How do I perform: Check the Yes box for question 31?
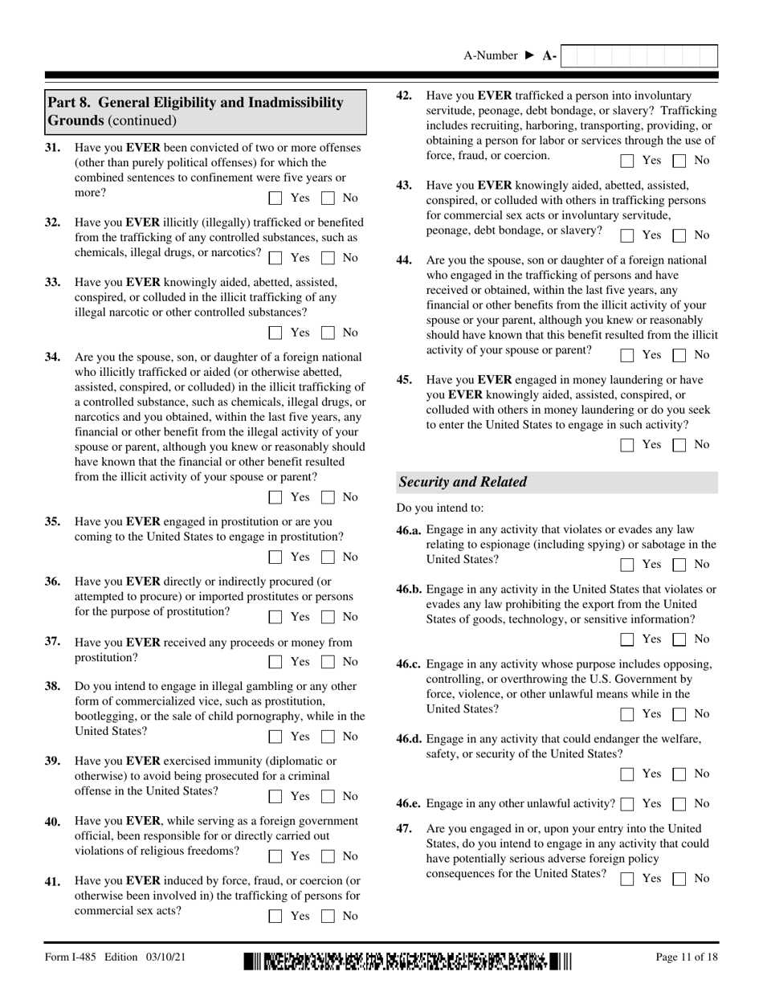click(x=275, y=198)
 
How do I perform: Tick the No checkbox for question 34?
click(x=328, y=497)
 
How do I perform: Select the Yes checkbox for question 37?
click(x=275, y=663)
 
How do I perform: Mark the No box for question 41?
click(x=328, y=916)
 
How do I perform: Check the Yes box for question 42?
click(x=627, y=161)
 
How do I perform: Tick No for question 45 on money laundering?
click(x=679, y=445)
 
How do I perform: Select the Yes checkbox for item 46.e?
click(x=627, y=804)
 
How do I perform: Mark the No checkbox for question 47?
click(x=679, y=879)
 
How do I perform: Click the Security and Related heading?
click(x=463, y=482)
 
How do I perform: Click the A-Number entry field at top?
click(x=638, y=55)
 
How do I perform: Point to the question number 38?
click(x=52, y=686)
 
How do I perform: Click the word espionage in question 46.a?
click(x=526, y=545)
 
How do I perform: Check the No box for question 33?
click(x=328, y=333)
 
